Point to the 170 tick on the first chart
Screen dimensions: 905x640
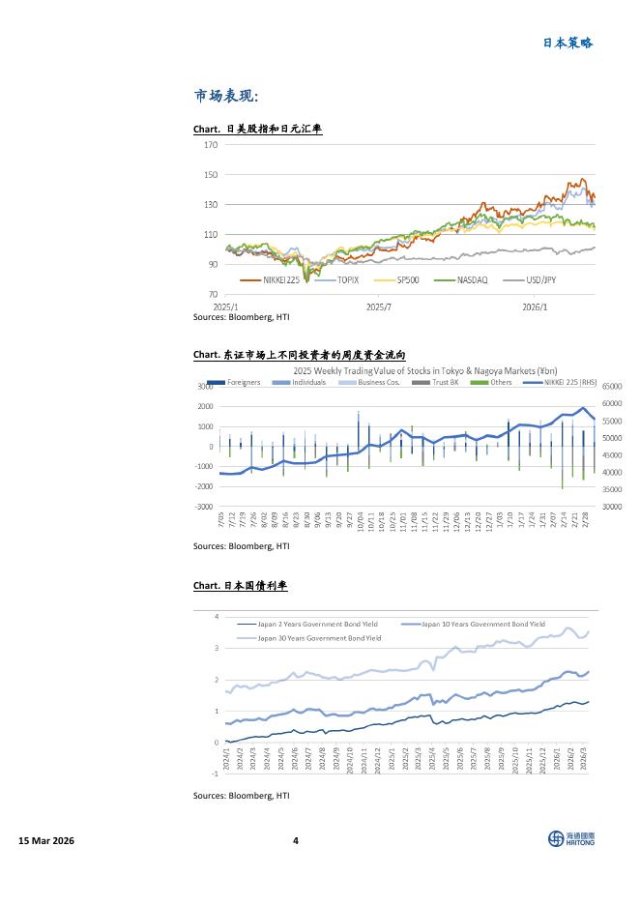click(212, 145)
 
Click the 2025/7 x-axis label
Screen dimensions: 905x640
click(380, 307)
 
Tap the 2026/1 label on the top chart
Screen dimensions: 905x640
click(535, 307)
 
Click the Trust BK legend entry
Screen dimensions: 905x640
click(438, 382)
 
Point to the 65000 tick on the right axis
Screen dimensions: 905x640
click(614, 386)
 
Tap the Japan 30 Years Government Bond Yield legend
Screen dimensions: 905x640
click(320, 638)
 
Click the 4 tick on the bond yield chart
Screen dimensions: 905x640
click(217, 617)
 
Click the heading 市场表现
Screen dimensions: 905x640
click(226, 96)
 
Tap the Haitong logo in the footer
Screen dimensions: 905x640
click(571, 839)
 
